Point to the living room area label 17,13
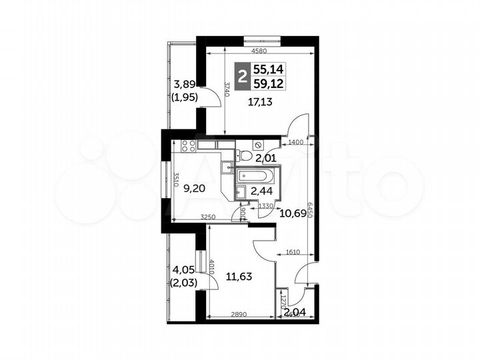tap(263, 102)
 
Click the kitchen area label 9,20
tap(195, 189)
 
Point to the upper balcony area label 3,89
tap(185, 84)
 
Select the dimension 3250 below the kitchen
tap(211, 217)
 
